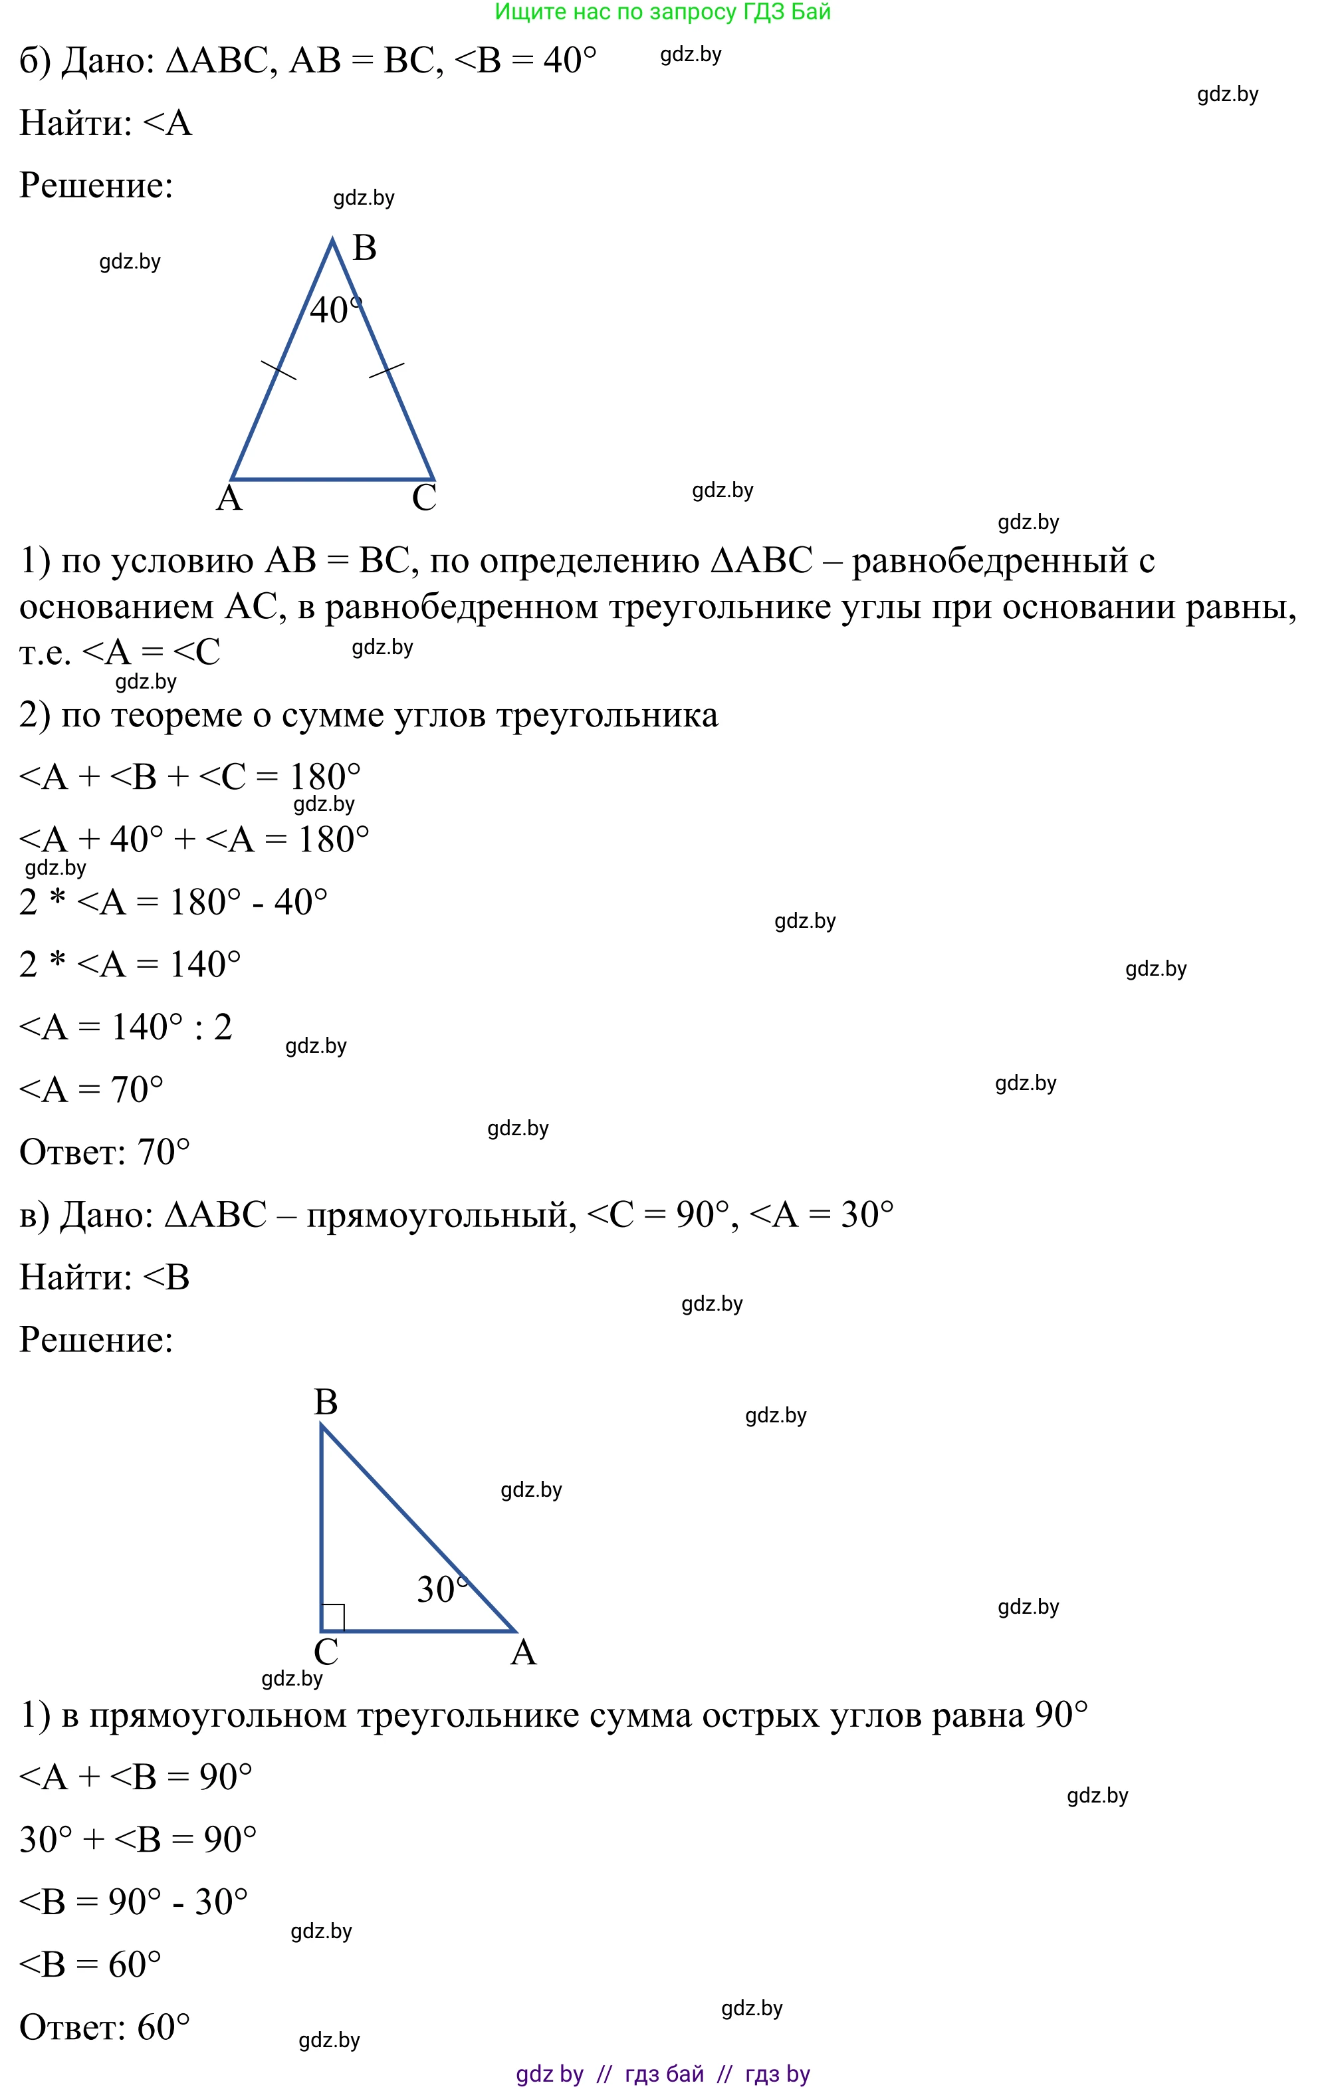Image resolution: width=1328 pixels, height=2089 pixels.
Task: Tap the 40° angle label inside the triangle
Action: [x=335, y=310]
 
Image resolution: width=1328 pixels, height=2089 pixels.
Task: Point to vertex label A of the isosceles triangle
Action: [x=229, y=499]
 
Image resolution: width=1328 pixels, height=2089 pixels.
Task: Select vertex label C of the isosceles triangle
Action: [x=424, y=499]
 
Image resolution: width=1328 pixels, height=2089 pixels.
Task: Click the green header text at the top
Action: [x=663, y=12]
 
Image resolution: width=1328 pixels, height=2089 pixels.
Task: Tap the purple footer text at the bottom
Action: [x=663, y=2074]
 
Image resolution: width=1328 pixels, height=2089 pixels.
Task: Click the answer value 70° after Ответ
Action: [x=164, y=1152]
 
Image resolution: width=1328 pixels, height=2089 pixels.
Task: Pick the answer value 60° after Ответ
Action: [x=164, y=2027]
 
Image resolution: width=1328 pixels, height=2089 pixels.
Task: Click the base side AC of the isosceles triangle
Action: [x=333, y=479]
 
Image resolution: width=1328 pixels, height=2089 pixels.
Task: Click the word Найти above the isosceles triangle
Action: [x=74, y=123]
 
